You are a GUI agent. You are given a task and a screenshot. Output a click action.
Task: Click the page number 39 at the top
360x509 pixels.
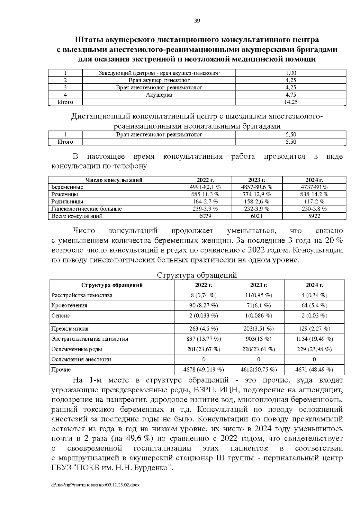(x=197, y=21)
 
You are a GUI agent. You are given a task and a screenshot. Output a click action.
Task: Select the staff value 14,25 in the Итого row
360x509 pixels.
(x=291, y=102)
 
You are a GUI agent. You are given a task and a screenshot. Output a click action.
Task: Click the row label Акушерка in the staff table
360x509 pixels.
(x=159, y=95)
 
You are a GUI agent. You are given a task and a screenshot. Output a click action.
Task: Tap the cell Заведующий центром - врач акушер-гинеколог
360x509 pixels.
(x=159, y=73)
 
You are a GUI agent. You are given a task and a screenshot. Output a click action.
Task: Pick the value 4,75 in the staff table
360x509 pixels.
(x=291, y=95)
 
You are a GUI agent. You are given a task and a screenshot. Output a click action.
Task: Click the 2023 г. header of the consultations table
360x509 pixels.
(x=256, y=180)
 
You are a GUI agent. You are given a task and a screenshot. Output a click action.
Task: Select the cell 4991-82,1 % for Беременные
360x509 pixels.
(x=205, y=187)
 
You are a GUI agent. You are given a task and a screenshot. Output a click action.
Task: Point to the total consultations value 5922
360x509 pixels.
(x=314, y=216)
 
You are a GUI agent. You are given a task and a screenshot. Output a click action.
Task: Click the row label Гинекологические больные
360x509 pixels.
(x=86, y=209)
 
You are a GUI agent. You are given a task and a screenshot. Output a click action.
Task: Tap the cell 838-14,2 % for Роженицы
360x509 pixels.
(x=314, y=194)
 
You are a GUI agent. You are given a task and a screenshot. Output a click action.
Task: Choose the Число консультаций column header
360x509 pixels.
(x=114, y=180)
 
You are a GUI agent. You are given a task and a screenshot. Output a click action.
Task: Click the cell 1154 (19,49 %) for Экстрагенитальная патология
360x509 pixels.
(x=314, y=339)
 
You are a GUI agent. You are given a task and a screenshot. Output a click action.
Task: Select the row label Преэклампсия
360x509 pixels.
(x=70, y=329)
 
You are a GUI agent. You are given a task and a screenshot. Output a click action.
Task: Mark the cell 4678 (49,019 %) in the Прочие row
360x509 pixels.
(x=204, y=370)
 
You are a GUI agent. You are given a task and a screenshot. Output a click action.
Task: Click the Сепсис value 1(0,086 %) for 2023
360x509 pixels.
(x=259, y=316)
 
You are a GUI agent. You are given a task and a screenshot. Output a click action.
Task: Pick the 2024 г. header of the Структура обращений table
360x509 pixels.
(x=314, y=285)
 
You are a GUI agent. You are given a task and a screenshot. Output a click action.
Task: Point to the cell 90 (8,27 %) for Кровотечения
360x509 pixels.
(x=204, y=305)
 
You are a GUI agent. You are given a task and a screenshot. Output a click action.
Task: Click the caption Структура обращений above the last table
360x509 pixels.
(x=197, y=275)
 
